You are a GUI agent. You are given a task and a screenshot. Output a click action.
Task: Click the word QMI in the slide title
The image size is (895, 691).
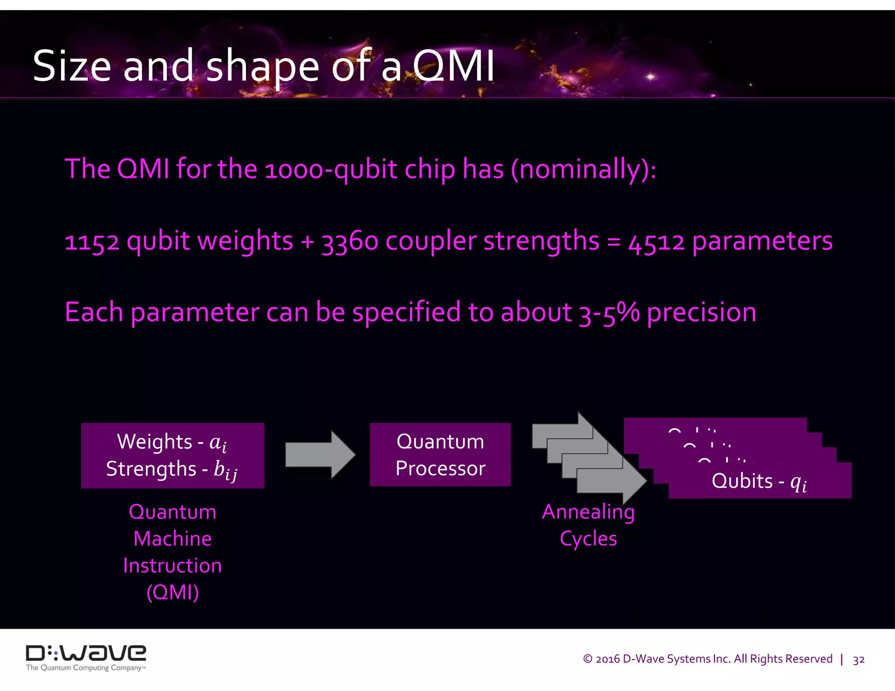(454, 66)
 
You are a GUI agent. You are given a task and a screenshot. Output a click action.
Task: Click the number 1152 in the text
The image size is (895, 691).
(92, 242)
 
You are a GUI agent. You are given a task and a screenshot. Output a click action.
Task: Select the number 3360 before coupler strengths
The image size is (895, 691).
(350, 242)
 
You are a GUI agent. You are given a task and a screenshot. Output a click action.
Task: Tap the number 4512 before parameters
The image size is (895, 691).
(656, 242)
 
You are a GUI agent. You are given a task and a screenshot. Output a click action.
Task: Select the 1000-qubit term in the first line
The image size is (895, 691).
(331, 170)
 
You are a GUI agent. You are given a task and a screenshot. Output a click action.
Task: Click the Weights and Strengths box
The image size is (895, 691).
(172, 455)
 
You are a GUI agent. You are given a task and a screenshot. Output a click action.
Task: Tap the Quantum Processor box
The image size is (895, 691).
(440, 454)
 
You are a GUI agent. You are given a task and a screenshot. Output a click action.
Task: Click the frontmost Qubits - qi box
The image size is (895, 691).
(760, 481)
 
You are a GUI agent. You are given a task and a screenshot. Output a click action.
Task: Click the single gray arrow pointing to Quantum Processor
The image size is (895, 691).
(320, 455)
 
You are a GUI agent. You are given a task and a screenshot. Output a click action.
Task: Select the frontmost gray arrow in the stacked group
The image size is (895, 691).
(612, 480)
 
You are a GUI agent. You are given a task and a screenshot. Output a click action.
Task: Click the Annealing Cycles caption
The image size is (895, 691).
(588, 525)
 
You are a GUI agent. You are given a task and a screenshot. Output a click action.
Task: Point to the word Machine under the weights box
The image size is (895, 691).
(172, 539)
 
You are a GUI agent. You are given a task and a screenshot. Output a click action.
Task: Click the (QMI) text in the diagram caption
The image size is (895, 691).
(172, 593)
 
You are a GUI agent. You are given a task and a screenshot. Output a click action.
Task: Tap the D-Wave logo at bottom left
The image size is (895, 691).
(86, 656)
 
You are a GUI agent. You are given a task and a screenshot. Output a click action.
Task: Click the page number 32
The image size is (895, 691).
(858, 660)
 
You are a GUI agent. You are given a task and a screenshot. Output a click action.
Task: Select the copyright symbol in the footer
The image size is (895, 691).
(587, 659)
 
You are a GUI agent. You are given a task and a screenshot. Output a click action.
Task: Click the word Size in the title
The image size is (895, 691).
(72, 66)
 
